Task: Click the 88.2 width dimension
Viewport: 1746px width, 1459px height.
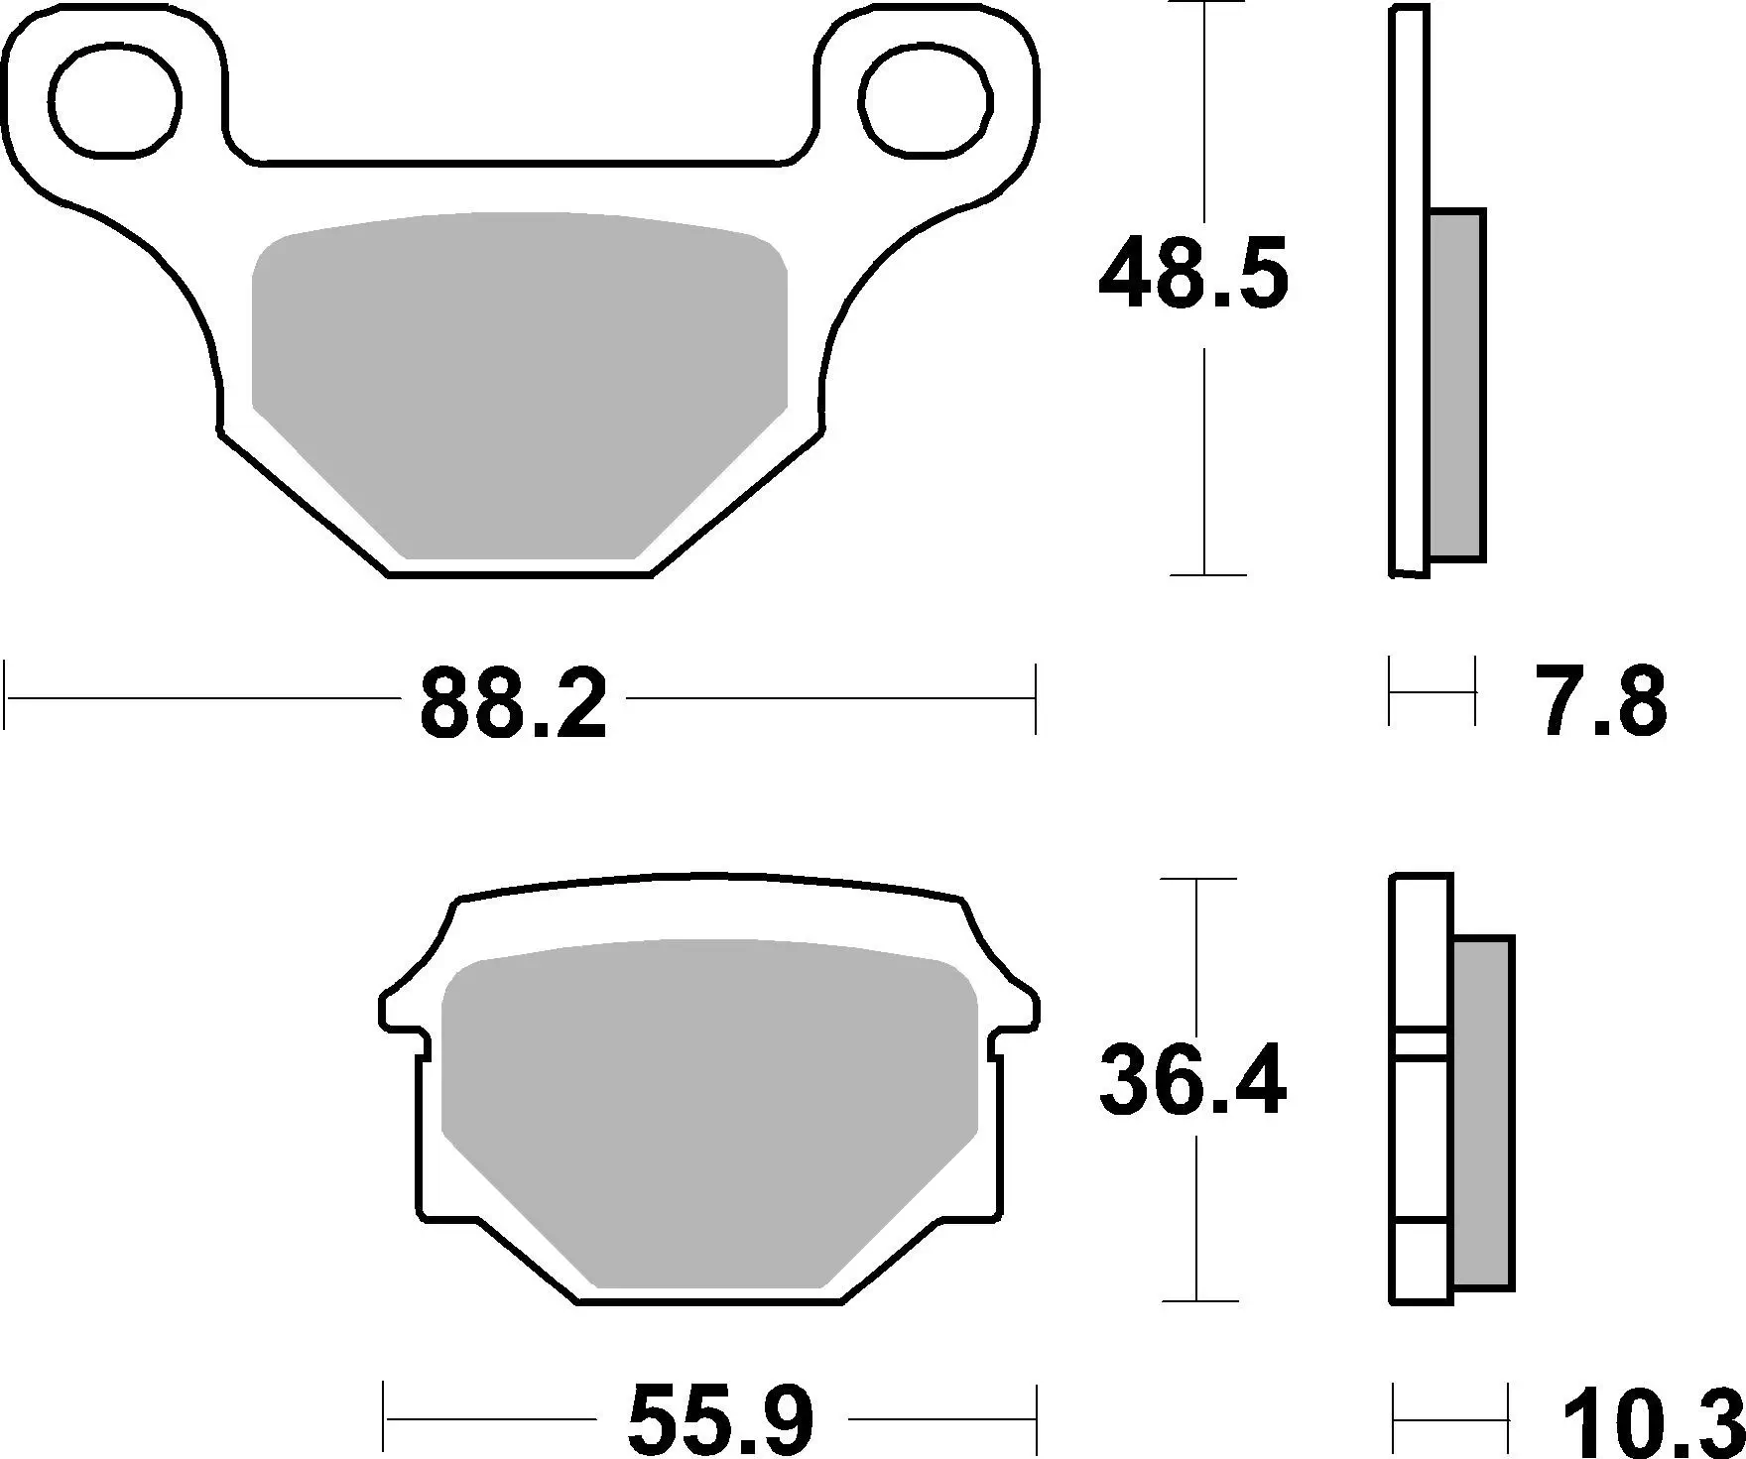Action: coord(513,705)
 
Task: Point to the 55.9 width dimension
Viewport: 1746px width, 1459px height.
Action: coord(720,1420)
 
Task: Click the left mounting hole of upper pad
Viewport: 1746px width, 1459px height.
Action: coord(117,101)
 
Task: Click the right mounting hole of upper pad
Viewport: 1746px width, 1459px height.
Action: coord(927,101)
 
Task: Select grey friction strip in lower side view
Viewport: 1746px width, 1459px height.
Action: coord(1482,1114)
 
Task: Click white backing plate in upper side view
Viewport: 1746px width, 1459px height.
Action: coord(1409,298)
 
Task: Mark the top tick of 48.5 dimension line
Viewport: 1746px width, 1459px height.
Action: coord(1203,3)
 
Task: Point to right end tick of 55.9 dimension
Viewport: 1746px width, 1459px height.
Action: coord(1036,1420)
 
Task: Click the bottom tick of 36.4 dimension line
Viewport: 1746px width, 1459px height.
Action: coord(1199,1300)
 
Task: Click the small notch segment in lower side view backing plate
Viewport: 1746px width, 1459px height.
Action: coord(1422,1042)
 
